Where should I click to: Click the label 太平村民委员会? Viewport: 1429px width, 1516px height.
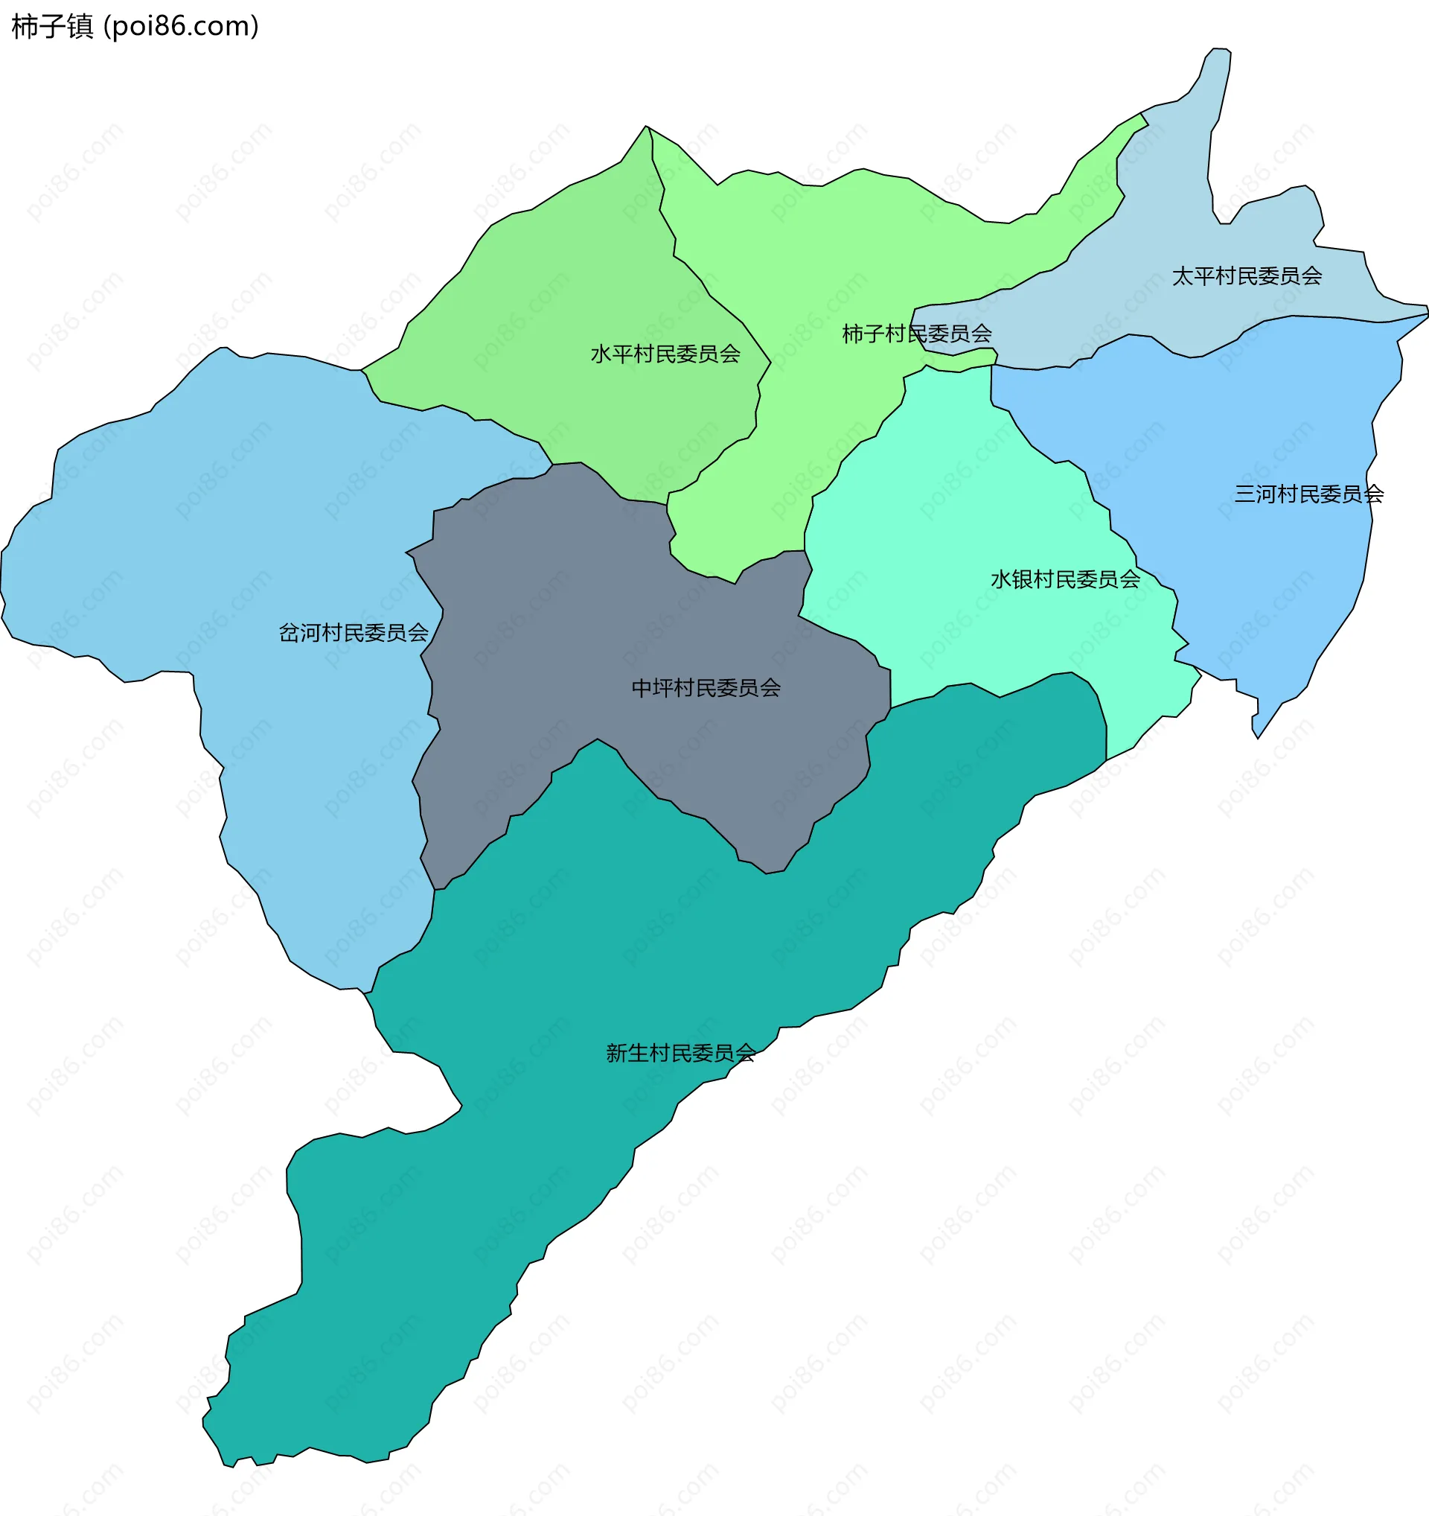click(1246, 276)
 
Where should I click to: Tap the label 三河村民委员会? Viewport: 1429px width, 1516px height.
click(1308, 494)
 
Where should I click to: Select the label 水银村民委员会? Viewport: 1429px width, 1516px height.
click(1065, 579)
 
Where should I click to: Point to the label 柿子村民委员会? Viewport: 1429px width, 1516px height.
click(916, 334)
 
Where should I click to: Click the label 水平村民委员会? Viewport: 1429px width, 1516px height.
click(665, 354)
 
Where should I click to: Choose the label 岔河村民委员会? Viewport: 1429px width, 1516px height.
click(354, 633)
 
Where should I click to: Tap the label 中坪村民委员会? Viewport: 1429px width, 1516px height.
click(706, 688)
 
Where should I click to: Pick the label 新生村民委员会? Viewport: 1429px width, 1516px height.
click(680, 1053)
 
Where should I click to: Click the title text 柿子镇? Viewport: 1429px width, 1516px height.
click(52, 27)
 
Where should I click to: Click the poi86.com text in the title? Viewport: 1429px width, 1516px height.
click(182, 27)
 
